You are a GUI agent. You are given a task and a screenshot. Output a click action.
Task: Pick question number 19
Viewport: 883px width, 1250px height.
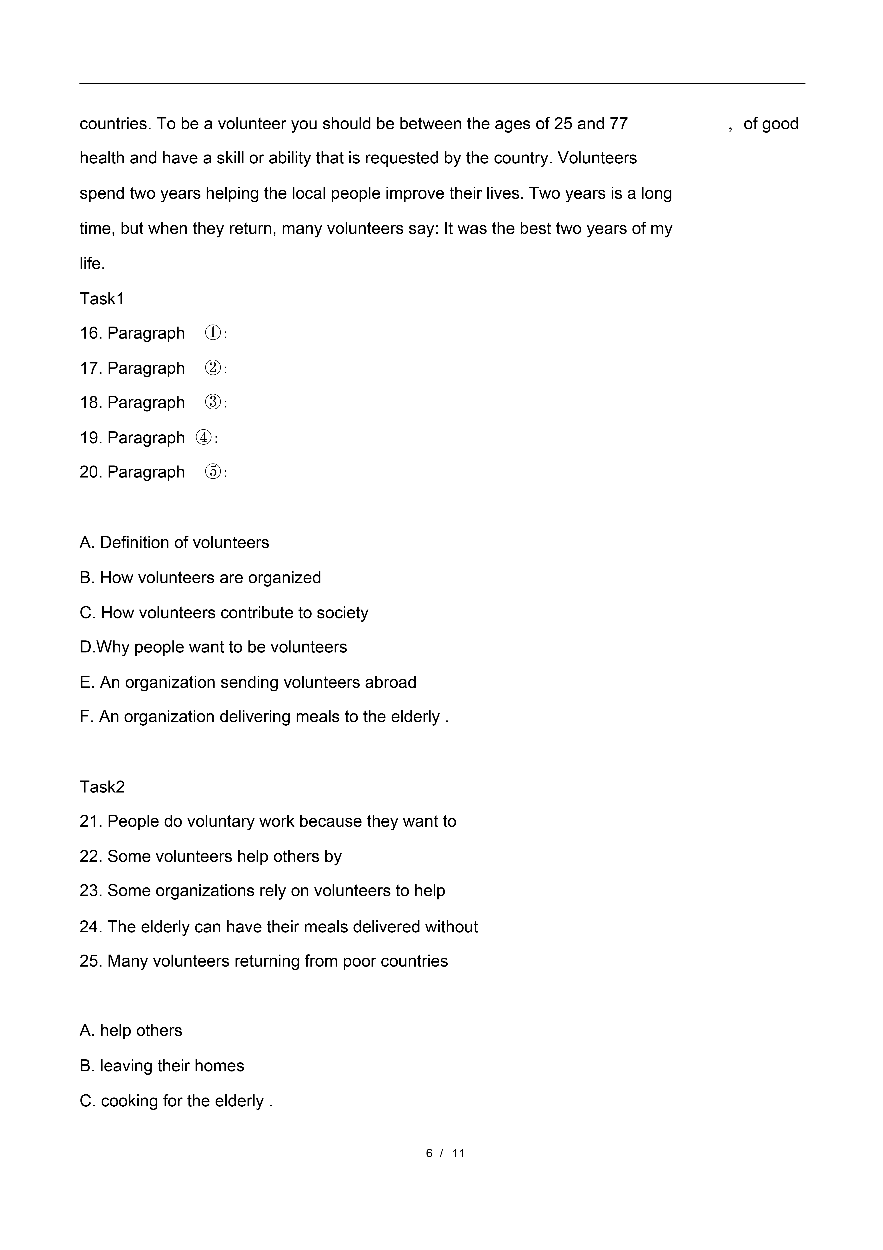click(x=90, y=438)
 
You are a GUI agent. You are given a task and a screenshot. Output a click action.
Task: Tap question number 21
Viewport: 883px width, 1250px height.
click(x=90, y=822)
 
